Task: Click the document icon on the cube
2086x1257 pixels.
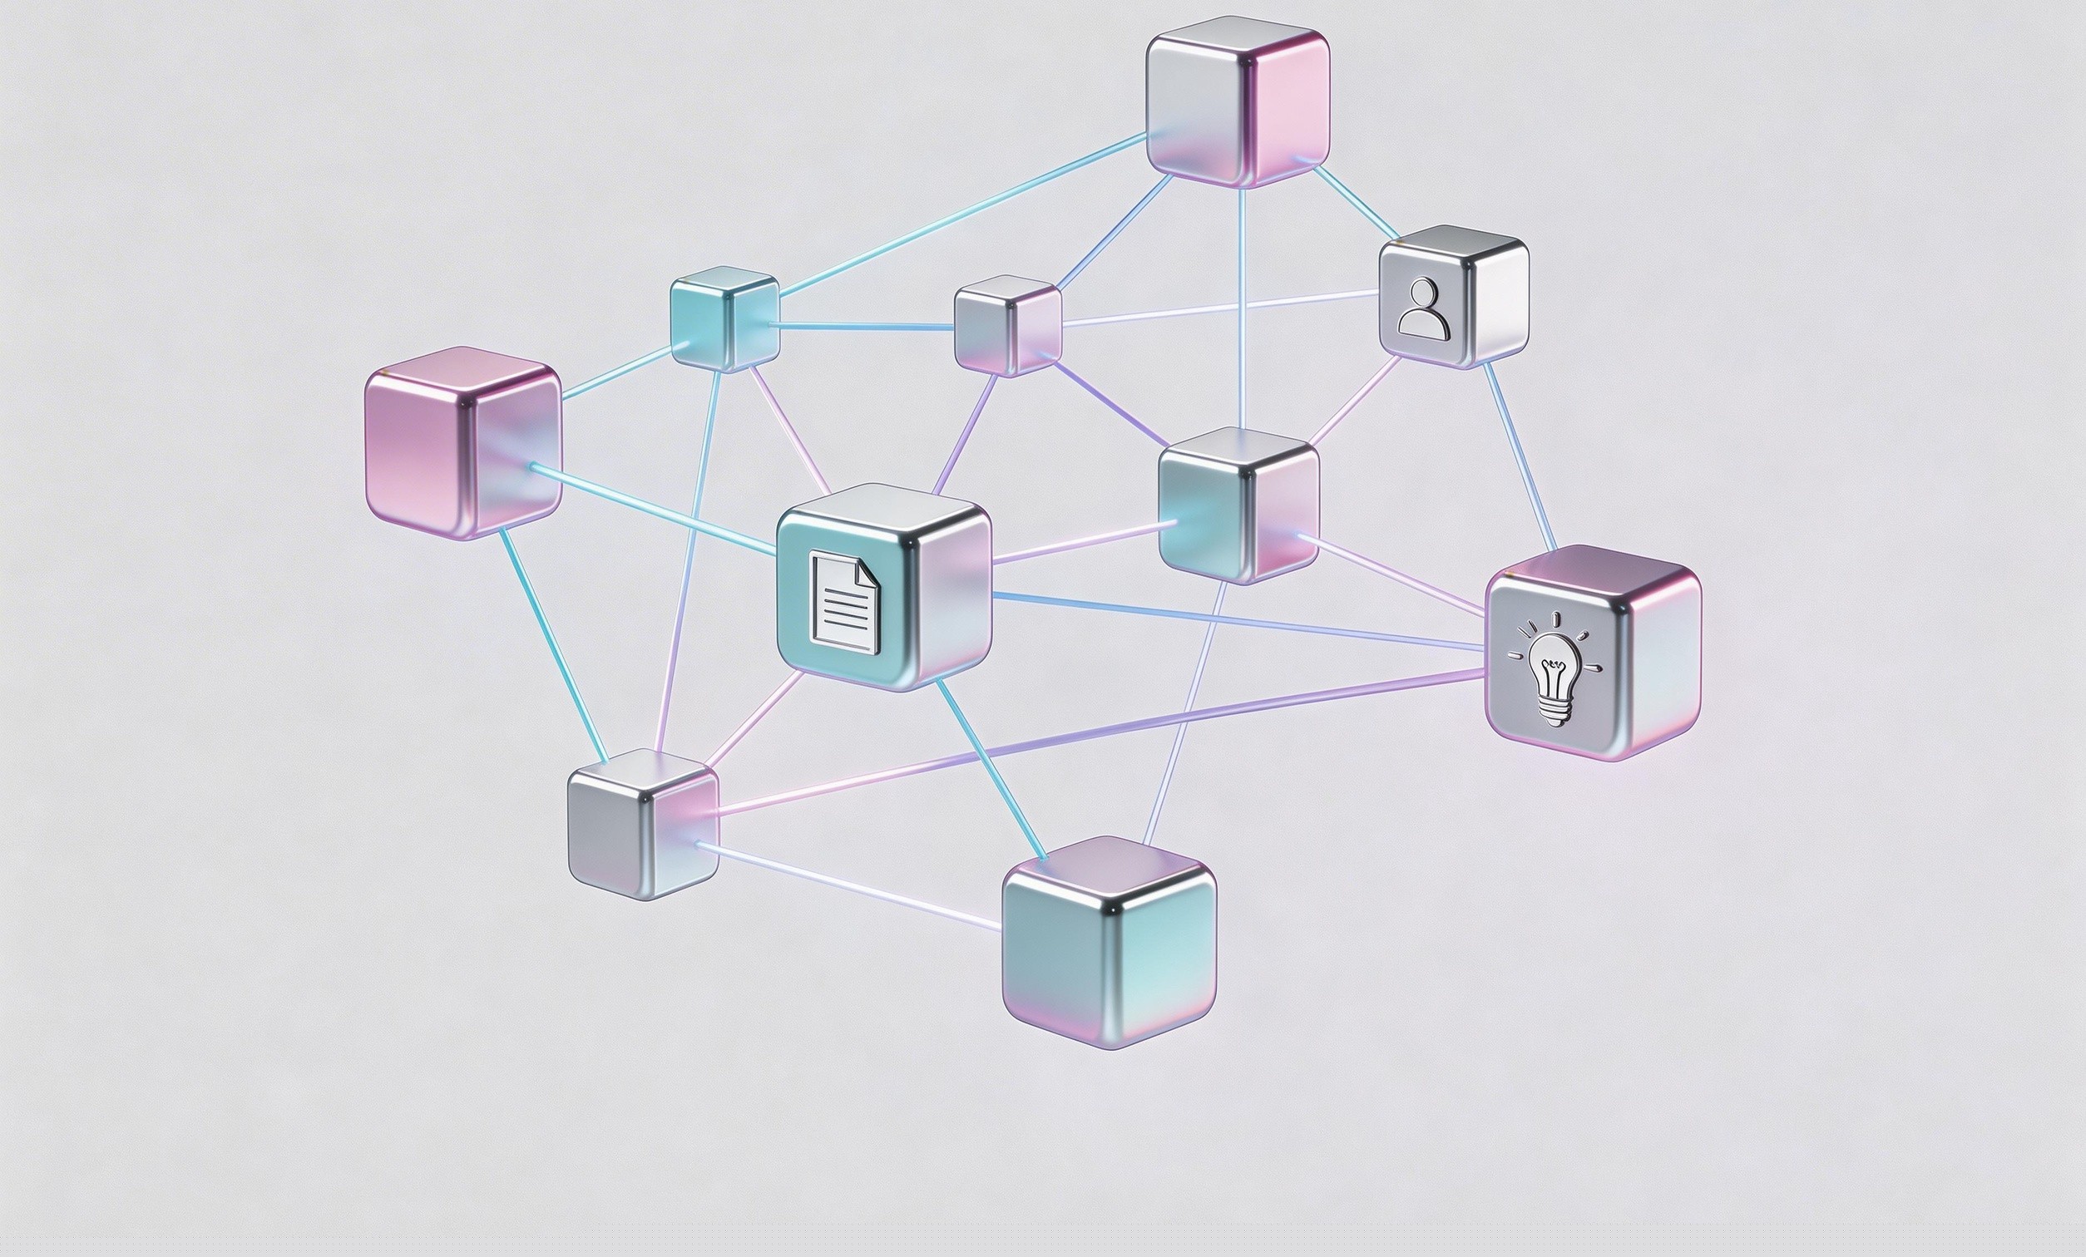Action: (x=844, y=602)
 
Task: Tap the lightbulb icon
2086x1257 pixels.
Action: (x=1555, y=668)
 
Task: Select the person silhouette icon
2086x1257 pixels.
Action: (x=1424, y=309)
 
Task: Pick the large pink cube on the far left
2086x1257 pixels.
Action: (x=462, y=443)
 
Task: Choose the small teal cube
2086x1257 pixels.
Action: (x=724, y=318)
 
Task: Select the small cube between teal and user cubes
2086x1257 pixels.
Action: (x=1007, y=325)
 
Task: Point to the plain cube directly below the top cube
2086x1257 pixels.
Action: (x=1238, y=505)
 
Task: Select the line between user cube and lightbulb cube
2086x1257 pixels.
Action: (x=1520, y=457)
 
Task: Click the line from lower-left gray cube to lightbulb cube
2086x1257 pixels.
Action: (x=1100, y=742)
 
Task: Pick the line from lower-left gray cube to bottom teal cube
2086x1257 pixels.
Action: (x=847, y=885)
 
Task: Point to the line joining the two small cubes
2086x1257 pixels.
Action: (x=863, y=325)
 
